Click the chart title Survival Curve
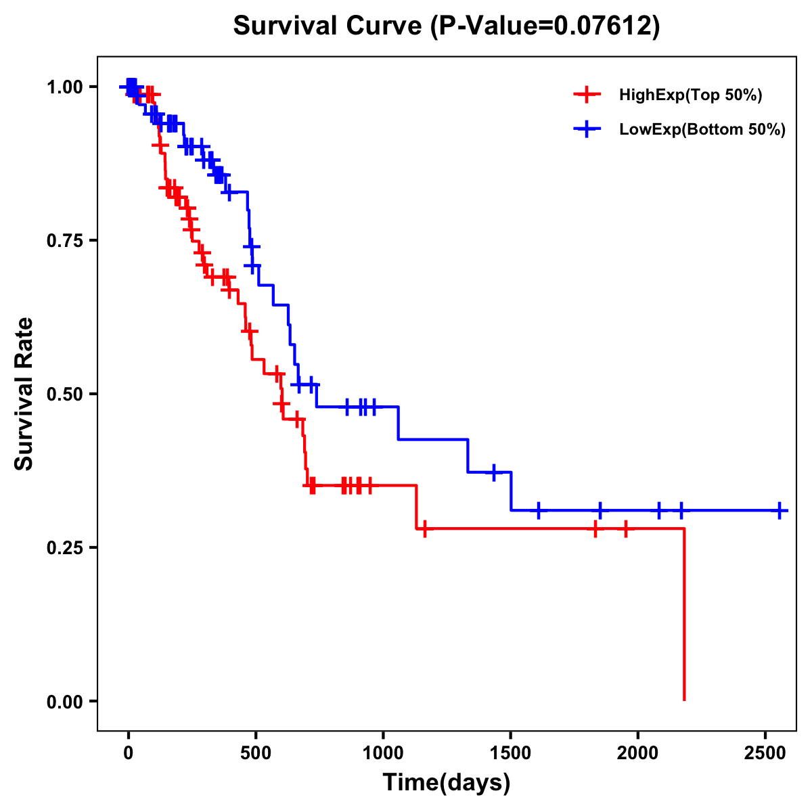point(446,26)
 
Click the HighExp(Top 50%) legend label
point(691,95)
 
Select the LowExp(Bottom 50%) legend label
point(702,130)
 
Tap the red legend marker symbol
point(587,95)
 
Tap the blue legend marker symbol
point(587,129)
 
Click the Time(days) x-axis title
point(447,783)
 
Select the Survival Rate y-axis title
point(24,394)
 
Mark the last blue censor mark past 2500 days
point(780,510)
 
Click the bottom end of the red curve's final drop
point(684,700)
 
